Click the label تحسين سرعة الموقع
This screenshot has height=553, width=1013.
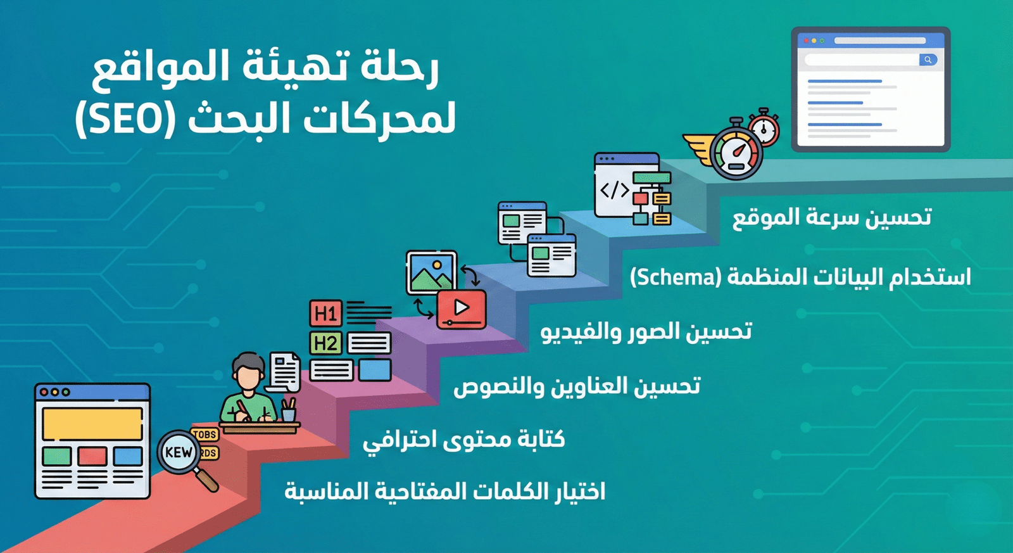tap(832, 217)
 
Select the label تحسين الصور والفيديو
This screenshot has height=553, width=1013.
tap(646, 331)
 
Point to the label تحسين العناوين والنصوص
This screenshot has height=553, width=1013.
tap(577, 386)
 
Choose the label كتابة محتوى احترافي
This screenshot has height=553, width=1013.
tap(464, 439)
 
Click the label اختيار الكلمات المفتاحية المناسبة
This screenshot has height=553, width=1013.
tap(444, 492)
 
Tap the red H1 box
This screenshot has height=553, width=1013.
tap(325, 314)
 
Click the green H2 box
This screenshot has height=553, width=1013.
tap(325, 343)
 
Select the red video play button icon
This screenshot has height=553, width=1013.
tap(462, 308)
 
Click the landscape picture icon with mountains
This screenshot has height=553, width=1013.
tap(431, 272)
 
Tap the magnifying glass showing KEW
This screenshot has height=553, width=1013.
tap(179, 452)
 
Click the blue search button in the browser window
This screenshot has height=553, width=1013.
tap(928, 60)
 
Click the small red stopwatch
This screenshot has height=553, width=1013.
tap(764, 128)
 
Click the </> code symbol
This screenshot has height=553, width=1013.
tap(614, 190)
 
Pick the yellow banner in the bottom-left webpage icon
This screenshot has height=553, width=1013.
tap(92, 424)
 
